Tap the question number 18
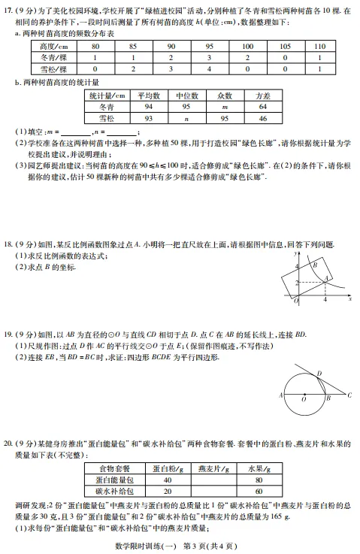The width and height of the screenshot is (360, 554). click(x=8, y=245)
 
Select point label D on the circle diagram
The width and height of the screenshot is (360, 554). click(x=319, y=372)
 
